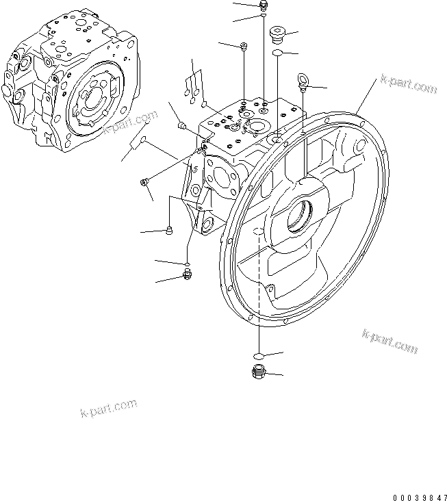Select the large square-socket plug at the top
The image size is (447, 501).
point(277,33)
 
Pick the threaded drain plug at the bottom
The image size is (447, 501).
point(258,373)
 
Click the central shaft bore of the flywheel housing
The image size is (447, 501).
point(301,219)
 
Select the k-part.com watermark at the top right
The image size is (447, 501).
point(408,86)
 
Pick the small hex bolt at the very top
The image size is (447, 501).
point(264,6)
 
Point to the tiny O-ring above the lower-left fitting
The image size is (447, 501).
point(186,263)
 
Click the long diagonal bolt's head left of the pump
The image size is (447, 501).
point(144,182)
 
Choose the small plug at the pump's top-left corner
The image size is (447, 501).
point(181,125)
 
